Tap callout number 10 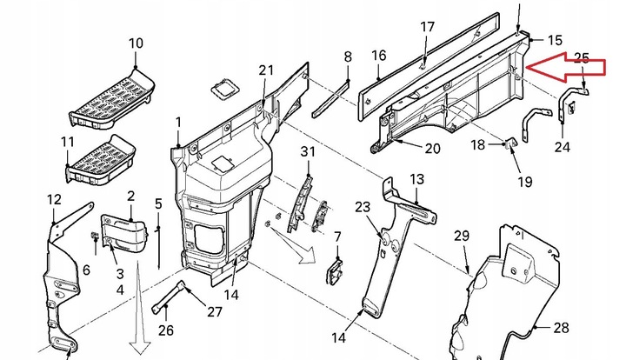[x=137, y=43]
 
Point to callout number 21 [x=266, y=70]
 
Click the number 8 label [x=348, y=57]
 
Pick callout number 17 [x=427, y=27]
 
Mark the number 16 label [x=379, y=56]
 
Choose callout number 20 [x=432, y=148]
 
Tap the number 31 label [x=306, y=153]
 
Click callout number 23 [x=363, y=207]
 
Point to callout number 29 [x=461, y=237]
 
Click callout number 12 [x=54, y=201]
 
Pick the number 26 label [x=166, y=330]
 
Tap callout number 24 [x=563, y=147]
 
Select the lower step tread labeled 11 [x=100, y=163]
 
